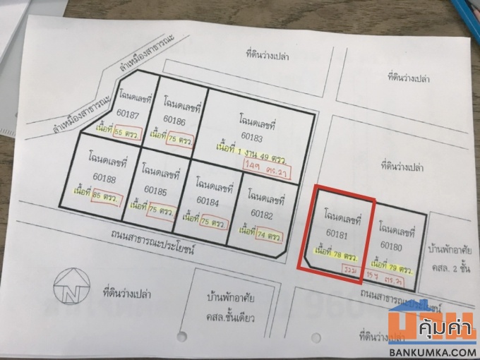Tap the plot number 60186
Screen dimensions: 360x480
pyautogui.click(x=174, y=121)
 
